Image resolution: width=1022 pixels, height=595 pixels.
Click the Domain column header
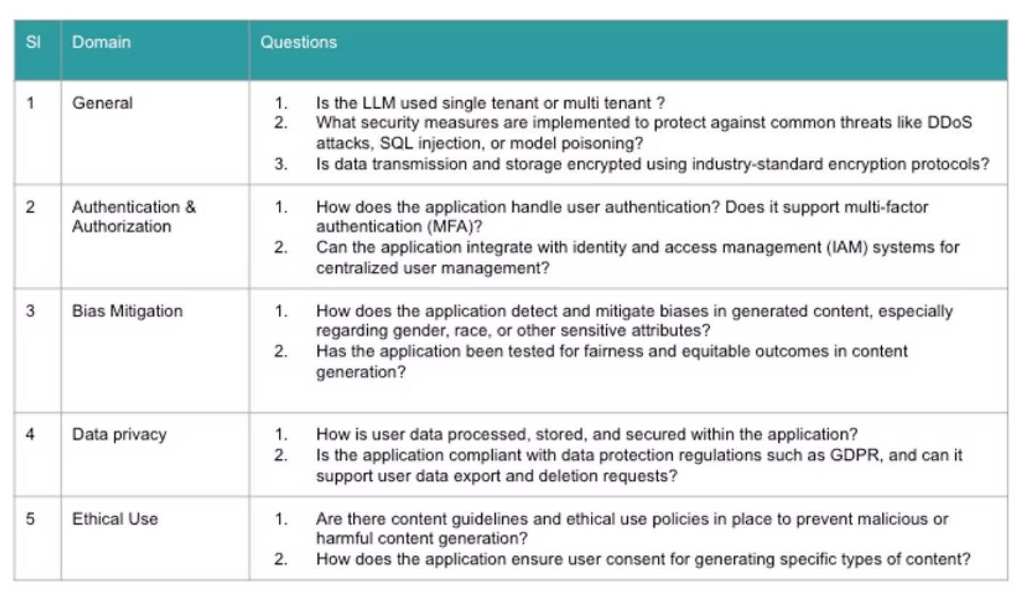[102, 42]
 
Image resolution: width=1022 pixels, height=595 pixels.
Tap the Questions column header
[298, 42]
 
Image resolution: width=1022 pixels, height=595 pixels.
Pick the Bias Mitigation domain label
[127, 311]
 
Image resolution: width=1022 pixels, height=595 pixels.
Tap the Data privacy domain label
[119, 435]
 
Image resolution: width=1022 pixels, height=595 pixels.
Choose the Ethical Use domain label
[115, 519]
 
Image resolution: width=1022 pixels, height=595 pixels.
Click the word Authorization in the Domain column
[122, 226]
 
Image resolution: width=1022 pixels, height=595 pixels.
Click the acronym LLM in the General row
[379, 103]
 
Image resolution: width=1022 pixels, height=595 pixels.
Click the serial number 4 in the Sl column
[30, 434]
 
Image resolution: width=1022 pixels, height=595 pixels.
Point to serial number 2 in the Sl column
[30, 207]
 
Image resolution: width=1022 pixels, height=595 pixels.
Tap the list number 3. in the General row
[281, 164]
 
